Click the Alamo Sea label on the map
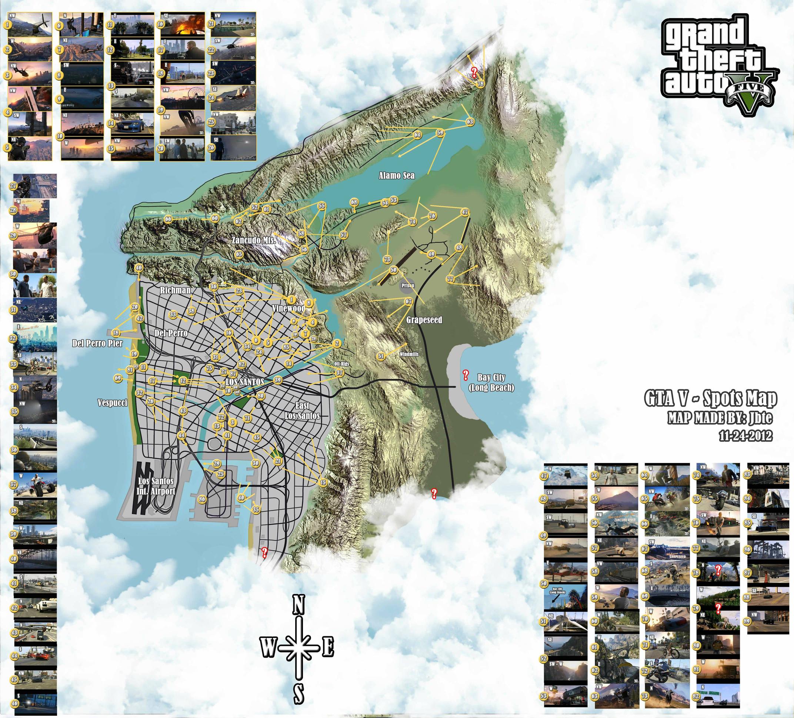coord(397,175)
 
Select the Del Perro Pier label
coord(97,343)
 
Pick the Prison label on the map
coord(407,285)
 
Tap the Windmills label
coord(409,354)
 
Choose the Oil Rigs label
coord(341,364)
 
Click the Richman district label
coord(175,290)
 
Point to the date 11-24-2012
coord(745,436)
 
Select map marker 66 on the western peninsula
coord(168,219)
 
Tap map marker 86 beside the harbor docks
coord(202,499)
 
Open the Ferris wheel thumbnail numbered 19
coord(182,99)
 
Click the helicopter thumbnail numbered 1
coord(30,24)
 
